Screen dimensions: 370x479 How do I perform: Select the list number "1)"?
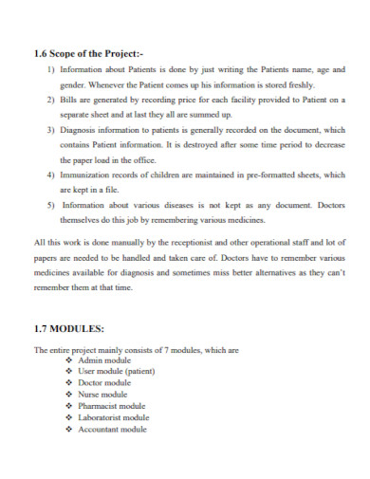point(50,69)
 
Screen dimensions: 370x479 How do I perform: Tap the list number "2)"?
point(50,98)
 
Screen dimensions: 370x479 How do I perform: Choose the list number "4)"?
point(50,175)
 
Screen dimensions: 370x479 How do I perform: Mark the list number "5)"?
point(50,204)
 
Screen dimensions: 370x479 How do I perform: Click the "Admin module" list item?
point(105,360)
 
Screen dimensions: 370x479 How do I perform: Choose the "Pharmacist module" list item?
point(113,406)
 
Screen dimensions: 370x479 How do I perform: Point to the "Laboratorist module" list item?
point(115,417)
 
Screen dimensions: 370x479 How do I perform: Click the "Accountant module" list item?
point(113,429)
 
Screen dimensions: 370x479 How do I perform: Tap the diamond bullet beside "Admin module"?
point(69,360)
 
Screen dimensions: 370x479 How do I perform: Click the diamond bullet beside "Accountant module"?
point(69,429)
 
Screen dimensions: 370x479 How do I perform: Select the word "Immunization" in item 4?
point(85,175)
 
